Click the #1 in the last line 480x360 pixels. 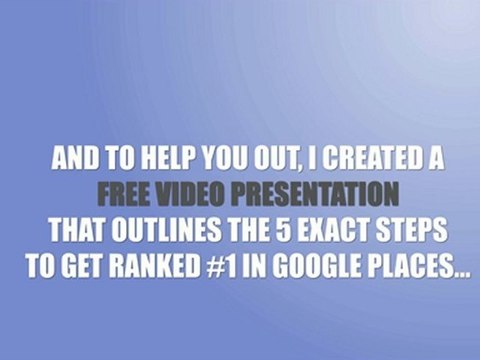222,267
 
